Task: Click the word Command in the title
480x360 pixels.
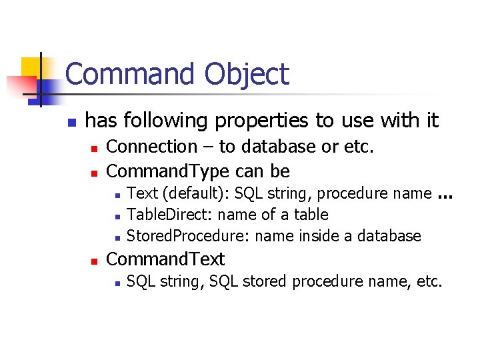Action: [131, 74]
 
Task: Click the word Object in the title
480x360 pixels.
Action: [247, 74]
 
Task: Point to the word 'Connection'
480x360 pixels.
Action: [151, 147]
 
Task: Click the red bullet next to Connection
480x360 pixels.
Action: [95, 148]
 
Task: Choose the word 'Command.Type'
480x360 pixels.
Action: [168, 171]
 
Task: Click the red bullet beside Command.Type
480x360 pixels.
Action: [95, 173]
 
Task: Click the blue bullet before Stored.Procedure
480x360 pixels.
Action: [116, 237]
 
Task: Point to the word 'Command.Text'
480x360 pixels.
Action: [166, 259]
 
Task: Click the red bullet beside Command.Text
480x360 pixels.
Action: [95, 260]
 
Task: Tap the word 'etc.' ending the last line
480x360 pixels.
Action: [428, 281]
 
